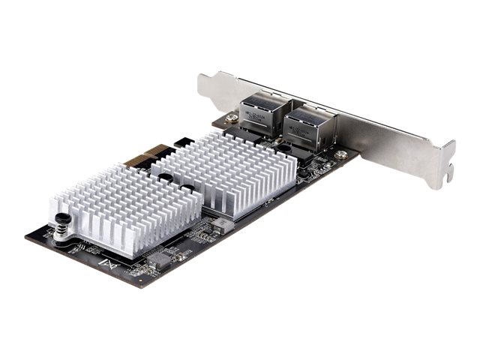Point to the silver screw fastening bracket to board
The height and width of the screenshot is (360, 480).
coord(341,154)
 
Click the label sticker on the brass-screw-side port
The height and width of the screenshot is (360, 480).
coord(259,107)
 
